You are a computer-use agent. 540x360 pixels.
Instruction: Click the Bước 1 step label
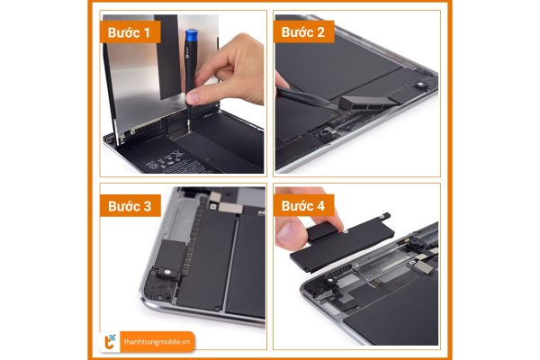(x=129, y=32)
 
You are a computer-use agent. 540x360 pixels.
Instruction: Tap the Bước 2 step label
(x=302, y=32)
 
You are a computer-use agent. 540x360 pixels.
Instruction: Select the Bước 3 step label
(x=130, y=206)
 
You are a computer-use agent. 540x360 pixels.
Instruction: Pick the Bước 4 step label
(x=303, y=206)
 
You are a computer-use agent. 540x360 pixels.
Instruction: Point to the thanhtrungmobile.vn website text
(x=157, y=342)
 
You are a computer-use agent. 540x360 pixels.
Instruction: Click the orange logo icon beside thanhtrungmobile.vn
(x=110, y=342)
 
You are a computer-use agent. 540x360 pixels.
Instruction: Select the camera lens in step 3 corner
(x=167, y=272)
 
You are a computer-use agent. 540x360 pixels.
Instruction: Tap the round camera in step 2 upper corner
(x=420, y=84)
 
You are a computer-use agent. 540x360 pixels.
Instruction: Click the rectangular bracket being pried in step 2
(x=368, y=103)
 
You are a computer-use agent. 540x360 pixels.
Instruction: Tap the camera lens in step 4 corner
(x=329, y=280)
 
